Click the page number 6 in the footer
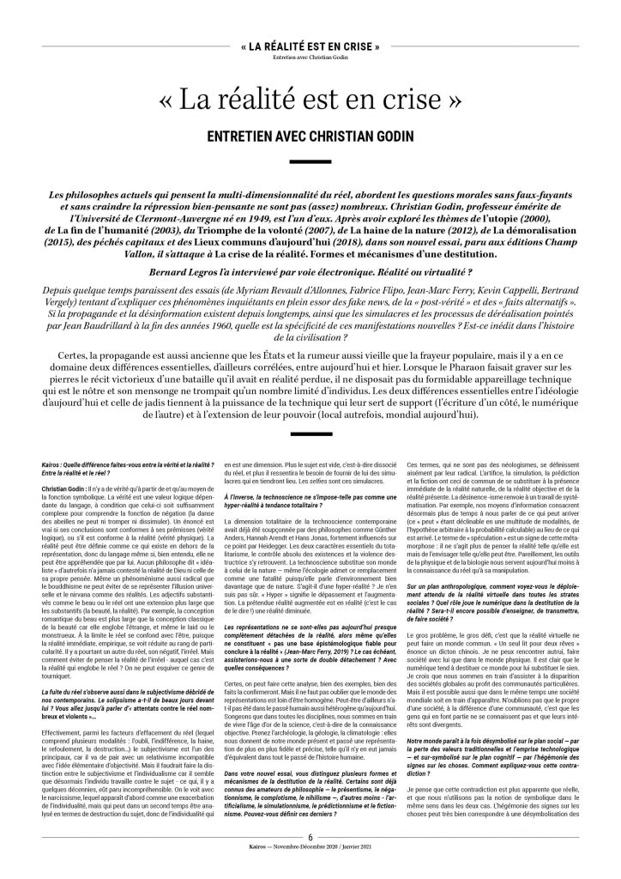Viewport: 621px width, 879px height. click(310, 859)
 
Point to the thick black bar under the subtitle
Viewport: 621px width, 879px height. click(310, 161)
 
